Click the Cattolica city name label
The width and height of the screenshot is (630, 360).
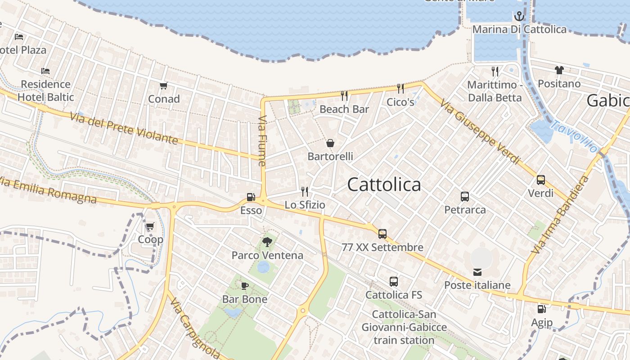point(384,184)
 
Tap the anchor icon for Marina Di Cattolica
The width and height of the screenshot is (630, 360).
point(519,17)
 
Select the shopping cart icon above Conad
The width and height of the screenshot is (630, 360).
point(163,85)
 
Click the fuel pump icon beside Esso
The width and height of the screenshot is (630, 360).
point(251,197)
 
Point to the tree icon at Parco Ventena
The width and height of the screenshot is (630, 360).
point(267,242)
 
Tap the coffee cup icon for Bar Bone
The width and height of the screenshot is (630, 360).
point(245,286)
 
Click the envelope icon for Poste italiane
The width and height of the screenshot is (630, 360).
point(477,272)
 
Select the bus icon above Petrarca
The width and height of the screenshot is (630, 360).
point(465,197)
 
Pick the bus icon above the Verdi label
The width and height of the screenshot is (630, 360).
point(540,180)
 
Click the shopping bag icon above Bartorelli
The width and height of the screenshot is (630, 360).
point(330,143)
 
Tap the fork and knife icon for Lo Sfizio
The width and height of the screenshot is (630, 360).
point(305,192)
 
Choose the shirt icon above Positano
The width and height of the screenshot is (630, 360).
point(559,70)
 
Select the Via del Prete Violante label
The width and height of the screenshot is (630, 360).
point(124,128)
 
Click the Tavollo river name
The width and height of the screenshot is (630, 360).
point(575,136)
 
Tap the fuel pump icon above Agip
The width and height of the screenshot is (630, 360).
point(541,309)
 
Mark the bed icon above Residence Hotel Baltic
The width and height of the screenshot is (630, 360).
point(45,71)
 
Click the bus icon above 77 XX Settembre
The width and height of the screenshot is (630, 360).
point(382,234)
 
